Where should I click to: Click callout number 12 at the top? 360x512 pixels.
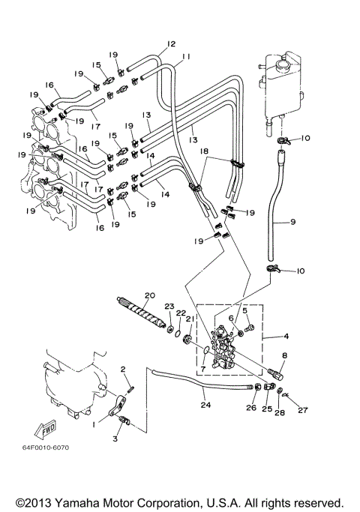[x=171, y=44]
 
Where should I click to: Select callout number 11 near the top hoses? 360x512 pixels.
[x=186, y=57]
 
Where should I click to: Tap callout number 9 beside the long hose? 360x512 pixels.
[x=293, y=222]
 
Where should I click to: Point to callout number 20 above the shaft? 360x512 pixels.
[x=149, y=295]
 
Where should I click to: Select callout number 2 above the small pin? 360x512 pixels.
[x=123, y=370]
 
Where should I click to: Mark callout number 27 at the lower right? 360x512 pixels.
[x=304, y=410]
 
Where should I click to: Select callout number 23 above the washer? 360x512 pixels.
[x=169, y=306]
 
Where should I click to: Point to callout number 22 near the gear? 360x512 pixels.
[x=181, y=313]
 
